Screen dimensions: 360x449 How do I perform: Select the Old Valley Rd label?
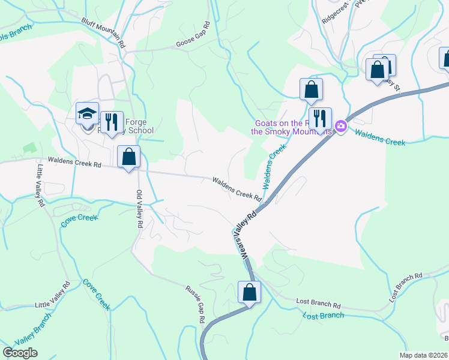pos(139,208)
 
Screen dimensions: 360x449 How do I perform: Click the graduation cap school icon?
pos(87,113)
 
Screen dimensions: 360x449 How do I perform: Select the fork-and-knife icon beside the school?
pos(111,122)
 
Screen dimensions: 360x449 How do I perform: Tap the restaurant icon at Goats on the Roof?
pos(319,119)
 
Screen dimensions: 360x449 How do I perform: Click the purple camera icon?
pos(341,126)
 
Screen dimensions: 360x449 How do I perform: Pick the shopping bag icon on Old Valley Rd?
pos(128,157)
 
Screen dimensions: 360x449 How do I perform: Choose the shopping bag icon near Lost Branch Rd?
pos(249,293)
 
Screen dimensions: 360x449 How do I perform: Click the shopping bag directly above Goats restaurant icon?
pos(311,90)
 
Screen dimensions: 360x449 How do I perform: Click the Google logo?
pos(20,352)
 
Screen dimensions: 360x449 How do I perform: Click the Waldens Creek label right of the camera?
pos(379,137)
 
